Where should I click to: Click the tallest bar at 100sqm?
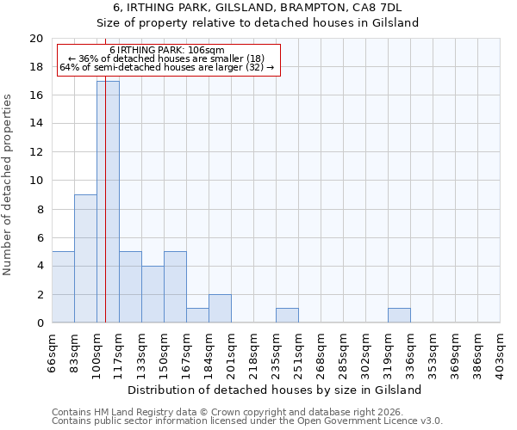(x=108, y=201)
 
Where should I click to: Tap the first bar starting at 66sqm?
(x=63, y=286)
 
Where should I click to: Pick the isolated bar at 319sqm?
(x=399, y=316)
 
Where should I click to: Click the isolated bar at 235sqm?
(x=287, y=316)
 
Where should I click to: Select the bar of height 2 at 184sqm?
(x=220, y=309)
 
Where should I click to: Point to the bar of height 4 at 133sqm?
(x=153, y=294)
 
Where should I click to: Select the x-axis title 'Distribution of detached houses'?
(x=275, y=390)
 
